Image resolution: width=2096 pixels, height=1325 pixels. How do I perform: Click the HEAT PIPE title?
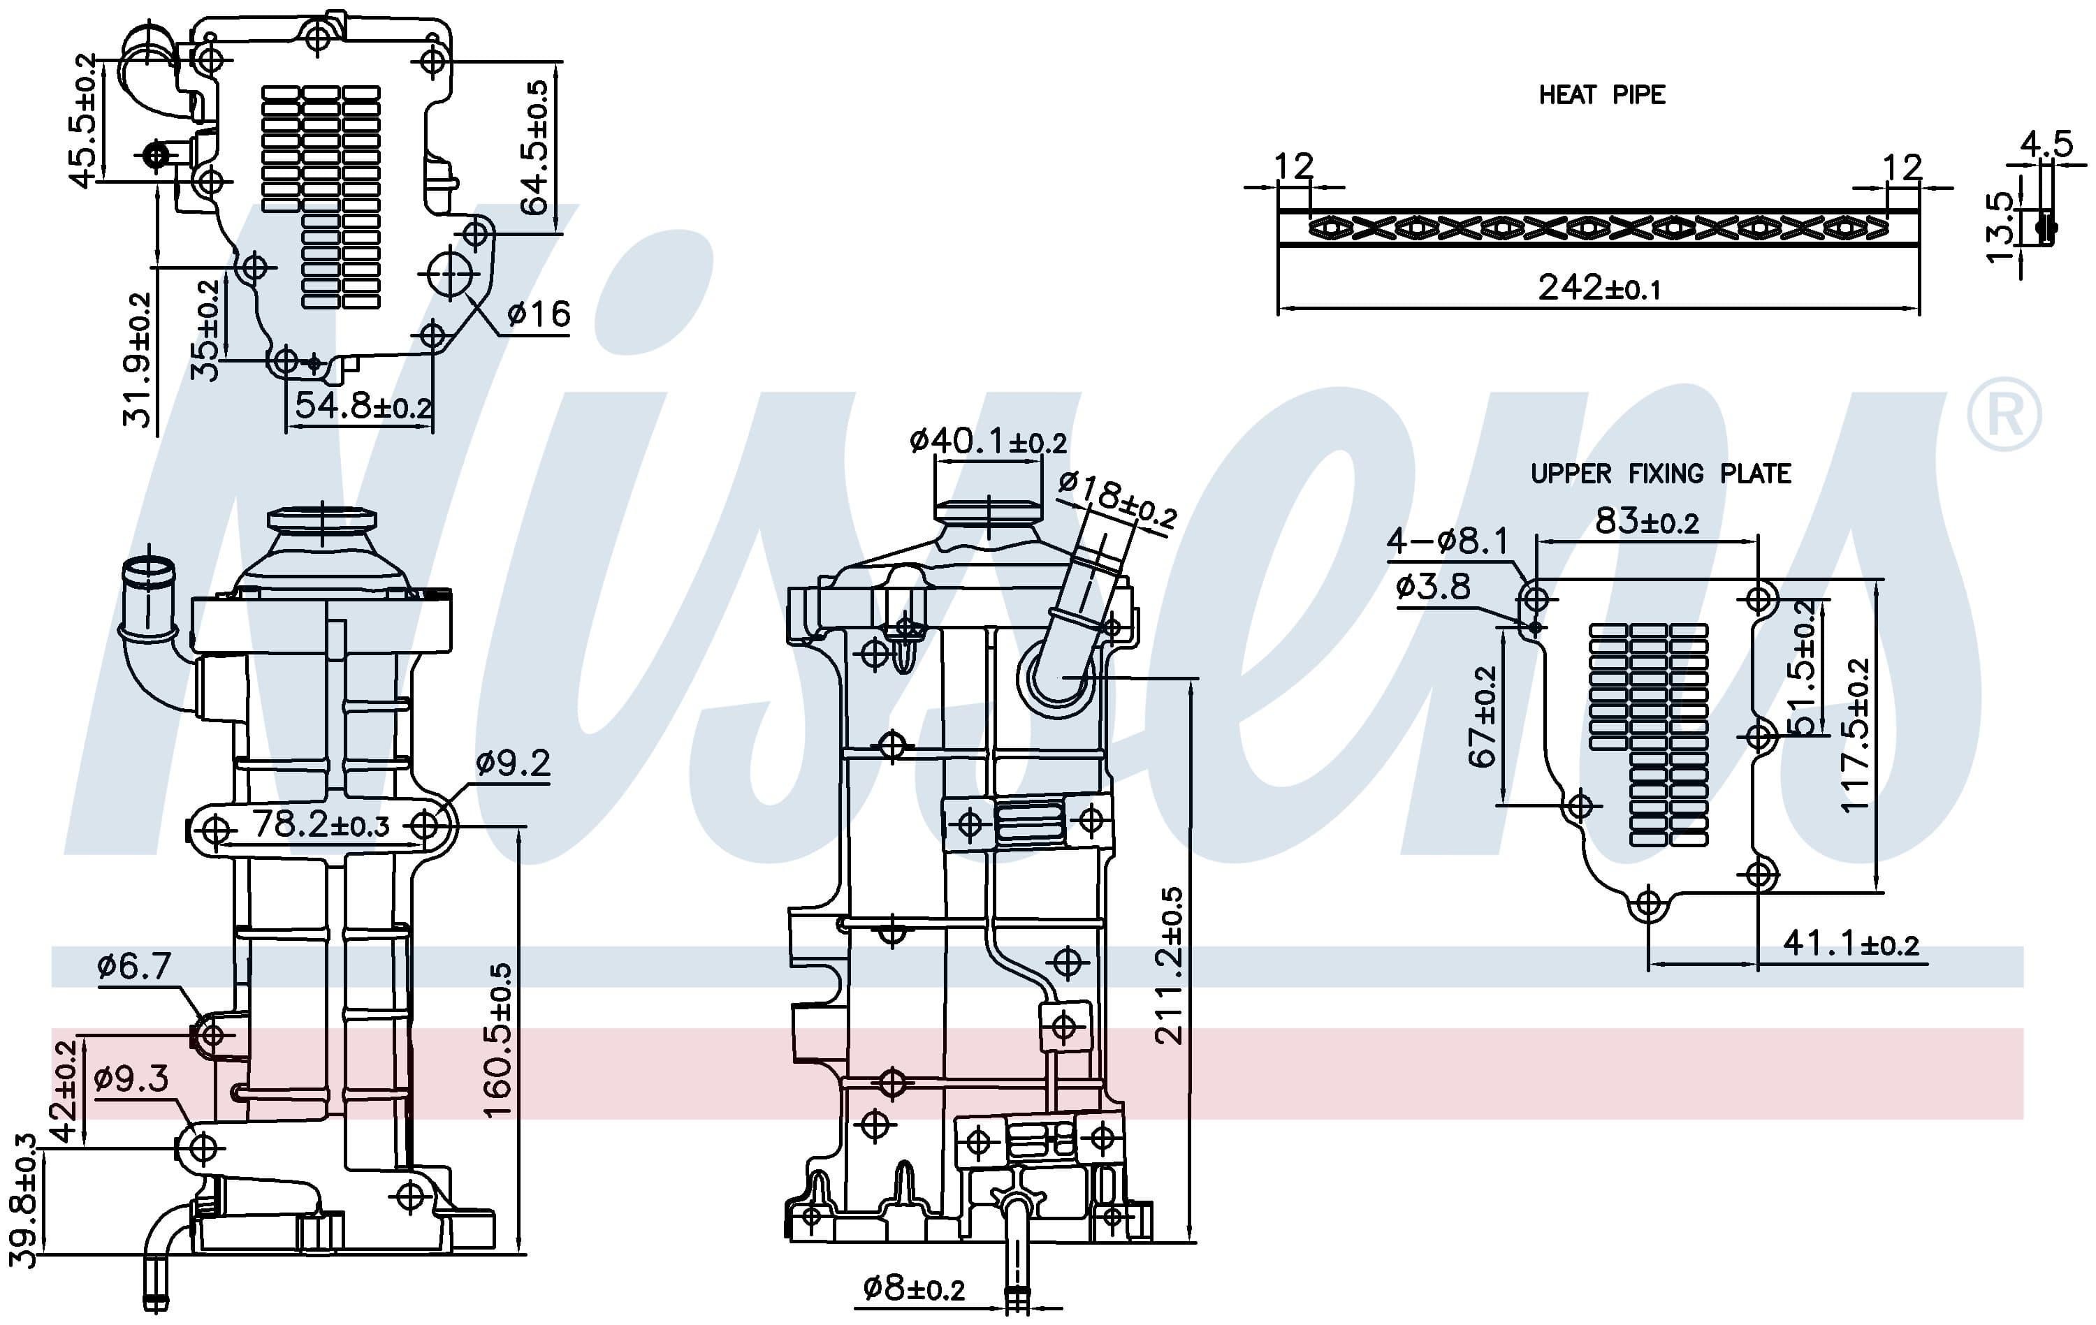coord(1601,95)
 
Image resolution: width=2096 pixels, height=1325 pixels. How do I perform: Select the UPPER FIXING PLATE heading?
coord(1661,474)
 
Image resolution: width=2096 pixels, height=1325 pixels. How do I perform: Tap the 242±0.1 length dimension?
coord(1599,287)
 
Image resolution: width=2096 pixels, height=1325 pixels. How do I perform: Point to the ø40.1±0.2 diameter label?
coord(988,441)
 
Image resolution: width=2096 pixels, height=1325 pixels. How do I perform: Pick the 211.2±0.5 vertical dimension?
coord(1169,966)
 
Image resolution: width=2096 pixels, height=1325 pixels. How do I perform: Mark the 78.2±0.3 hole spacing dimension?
coord(321,824)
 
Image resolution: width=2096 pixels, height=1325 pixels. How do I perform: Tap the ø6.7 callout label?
coord(134,966)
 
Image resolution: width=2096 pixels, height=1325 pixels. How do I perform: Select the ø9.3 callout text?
coord(131,1079)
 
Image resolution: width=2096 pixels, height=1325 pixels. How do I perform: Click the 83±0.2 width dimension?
coord(1647,521)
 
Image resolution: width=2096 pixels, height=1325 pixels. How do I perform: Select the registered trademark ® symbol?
coord(2004,414)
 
